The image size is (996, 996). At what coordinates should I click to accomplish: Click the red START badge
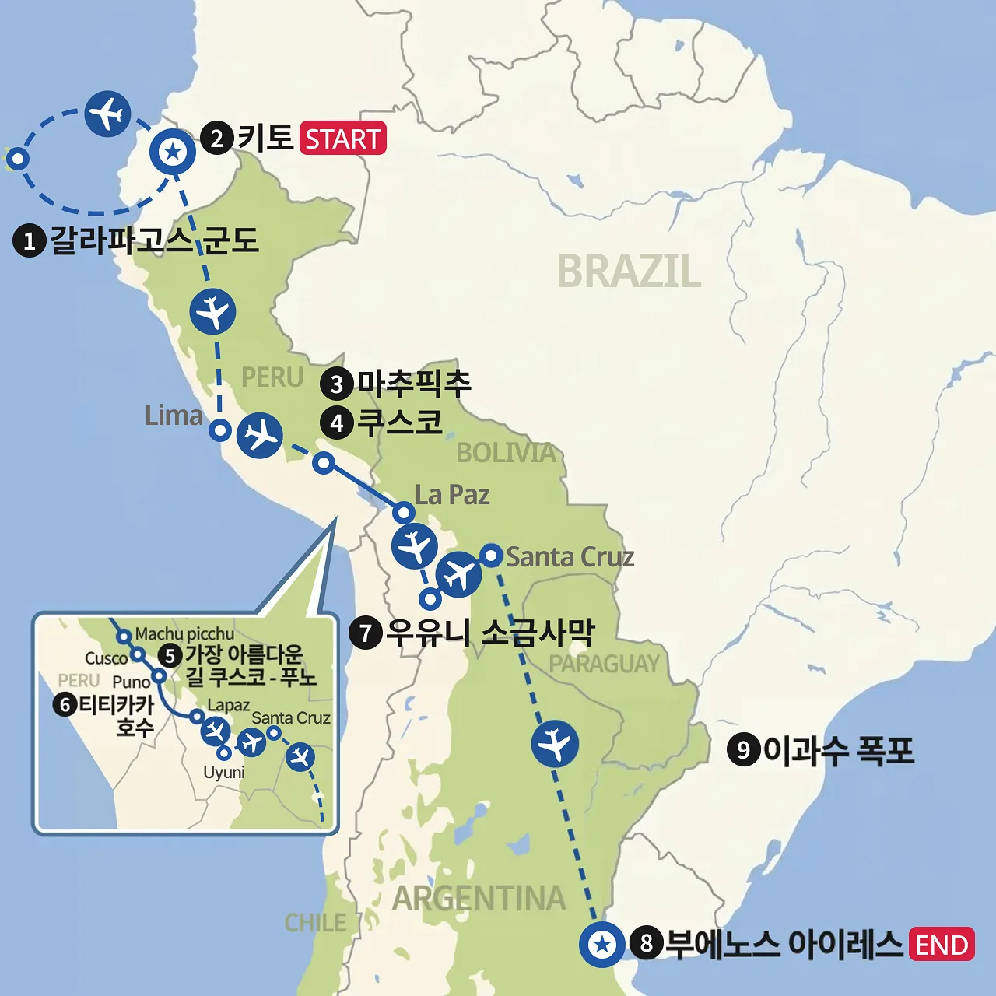(x=342, y=139)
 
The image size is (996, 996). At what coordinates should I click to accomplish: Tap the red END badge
(x=941, y=945)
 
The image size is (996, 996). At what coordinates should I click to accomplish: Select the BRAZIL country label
(x=629, y=272)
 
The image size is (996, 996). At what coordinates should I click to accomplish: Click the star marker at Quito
(x=173, y=152)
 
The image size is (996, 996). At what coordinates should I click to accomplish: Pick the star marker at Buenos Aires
(x=602, y=945)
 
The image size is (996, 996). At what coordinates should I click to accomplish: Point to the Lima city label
(x=174, y=416)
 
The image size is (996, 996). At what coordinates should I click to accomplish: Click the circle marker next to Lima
(x=221, y=430)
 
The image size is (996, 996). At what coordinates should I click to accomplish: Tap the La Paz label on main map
(x=452, y=495)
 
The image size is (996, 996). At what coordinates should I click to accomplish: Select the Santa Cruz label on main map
(x=570, y=557)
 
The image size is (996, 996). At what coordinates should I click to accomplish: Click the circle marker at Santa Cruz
(x=491, y=555)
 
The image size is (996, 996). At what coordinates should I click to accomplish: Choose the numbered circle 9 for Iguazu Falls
(x=743, y=750)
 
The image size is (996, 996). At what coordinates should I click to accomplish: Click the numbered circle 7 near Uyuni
(x=365, y=633)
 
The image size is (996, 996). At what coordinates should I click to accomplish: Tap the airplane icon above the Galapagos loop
(x=107, y=114)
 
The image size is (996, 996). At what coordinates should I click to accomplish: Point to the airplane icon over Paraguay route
(x=555, y=743)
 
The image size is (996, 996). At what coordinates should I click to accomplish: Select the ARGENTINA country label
(x=479, y=899)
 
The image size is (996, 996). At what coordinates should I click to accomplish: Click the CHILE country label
(x=315, y=923)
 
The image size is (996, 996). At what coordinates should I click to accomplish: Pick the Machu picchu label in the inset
(x=184, y=634)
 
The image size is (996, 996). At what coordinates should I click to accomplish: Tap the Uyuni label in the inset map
(x=224, y=773)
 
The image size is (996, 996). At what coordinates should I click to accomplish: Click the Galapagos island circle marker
(x=17, y=160)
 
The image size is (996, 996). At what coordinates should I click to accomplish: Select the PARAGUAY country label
(x=604, y=664)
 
